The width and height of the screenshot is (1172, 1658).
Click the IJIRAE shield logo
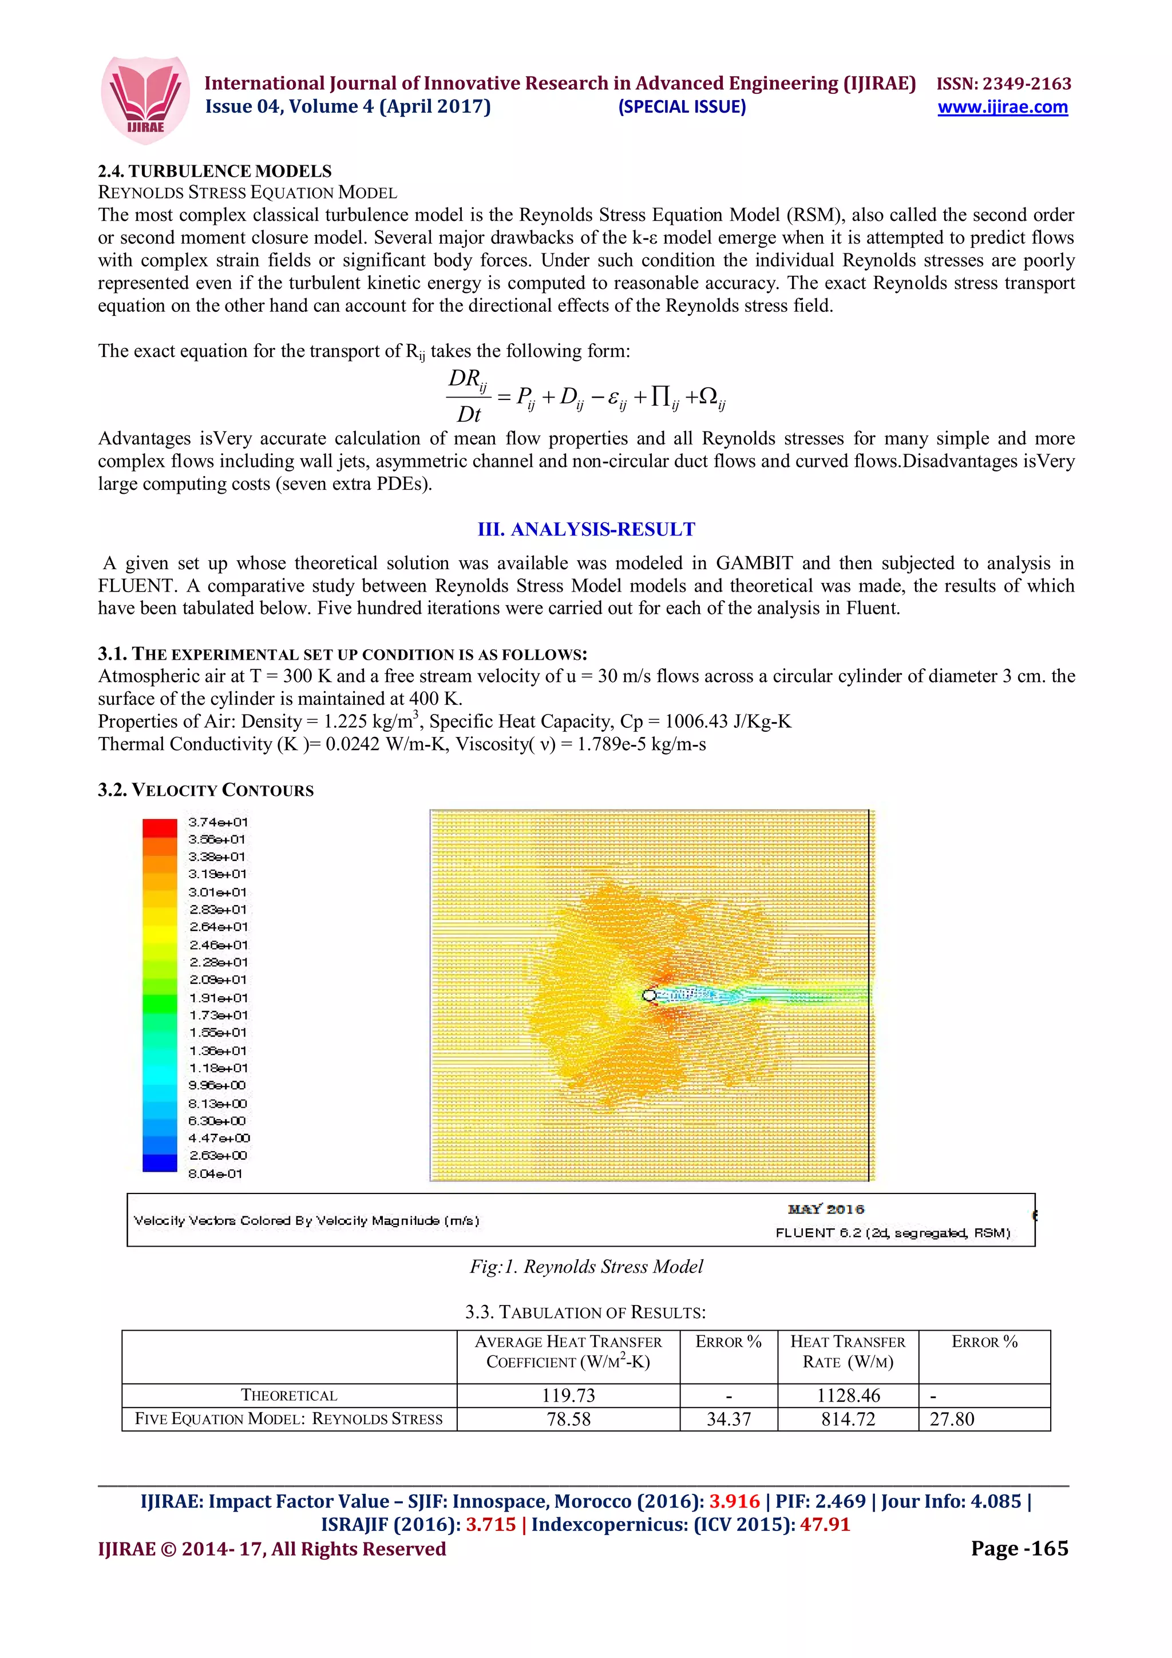[x=145, y=100]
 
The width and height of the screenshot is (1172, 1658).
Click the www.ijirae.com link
[x=1001, y=107]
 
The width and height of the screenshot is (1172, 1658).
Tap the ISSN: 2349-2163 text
[x=1003, y=84]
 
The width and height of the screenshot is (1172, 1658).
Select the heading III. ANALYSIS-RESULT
[x=585, y=529]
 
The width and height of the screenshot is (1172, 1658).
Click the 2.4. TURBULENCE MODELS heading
[x=215, y=171]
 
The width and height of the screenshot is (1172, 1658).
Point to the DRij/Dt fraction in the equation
[x=468, y=396]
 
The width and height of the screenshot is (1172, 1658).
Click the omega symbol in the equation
[x=708, y=396]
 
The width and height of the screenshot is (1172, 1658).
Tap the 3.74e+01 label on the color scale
[x=217, y=822]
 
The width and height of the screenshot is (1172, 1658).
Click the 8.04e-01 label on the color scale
[x=215, y=1173]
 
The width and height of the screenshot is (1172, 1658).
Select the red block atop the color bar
[x=160, y=827]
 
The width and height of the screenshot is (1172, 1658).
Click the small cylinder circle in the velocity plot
[x=648, y=996]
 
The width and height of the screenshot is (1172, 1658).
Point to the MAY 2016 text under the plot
[x=825, y=1209]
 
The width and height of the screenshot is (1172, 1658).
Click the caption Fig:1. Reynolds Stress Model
[x=585, y=1267]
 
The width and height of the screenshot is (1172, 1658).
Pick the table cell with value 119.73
[x=568, y=1395]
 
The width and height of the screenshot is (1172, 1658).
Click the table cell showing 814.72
[x=848, y=1419]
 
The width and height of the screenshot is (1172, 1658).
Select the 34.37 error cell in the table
[x=728, y=1419]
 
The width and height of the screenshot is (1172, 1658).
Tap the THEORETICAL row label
[x=289, y=1395]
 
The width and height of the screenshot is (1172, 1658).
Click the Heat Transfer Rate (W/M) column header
[x=848, y=1351]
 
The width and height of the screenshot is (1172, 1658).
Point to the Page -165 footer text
[x=1019, y=1548]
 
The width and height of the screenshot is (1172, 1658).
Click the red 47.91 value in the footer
[x=825, y=1524]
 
